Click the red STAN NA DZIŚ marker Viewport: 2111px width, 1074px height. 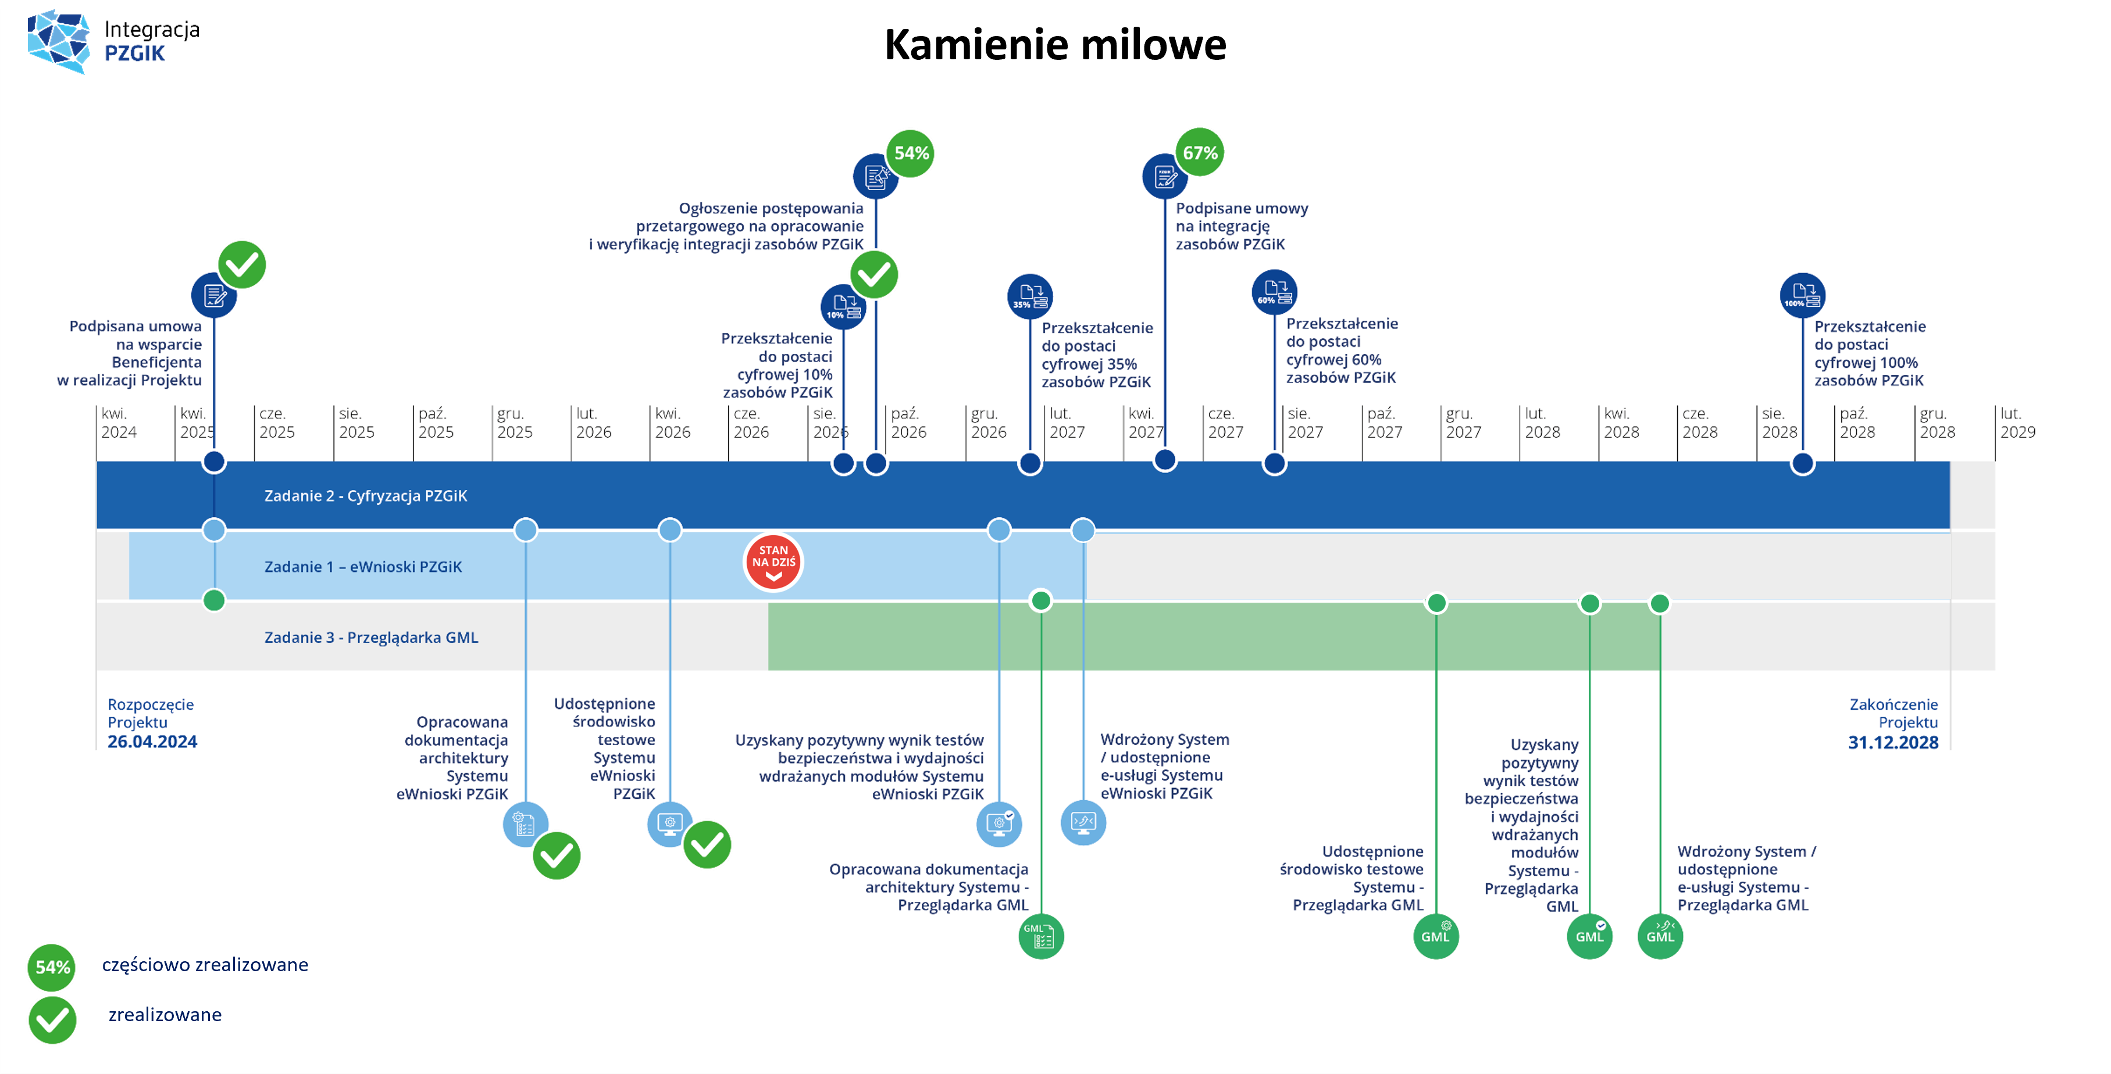tap(773, 562)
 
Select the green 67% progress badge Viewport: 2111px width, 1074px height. tap(1200, 152)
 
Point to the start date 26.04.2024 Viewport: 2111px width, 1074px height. tap(152, 742)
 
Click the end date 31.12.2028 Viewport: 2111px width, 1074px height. tap(1893, 742)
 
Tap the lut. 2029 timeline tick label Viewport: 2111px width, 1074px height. tap(2017, 423)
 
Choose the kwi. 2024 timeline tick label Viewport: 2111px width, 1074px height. tap(119, 423)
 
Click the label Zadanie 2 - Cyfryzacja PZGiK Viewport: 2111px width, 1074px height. tap(365, 496)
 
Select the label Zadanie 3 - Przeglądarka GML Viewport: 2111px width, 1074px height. tap(371, 638)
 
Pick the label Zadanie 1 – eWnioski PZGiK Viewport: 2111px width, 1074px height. tap(363, 567)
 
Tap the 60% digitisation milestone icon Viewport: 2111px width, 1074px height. tap(1274, 292)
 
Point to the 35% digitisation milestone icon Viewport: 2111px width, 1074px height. tap(1030, 296)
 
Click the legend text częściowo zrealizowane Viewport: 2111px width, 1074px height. tap(205, 965)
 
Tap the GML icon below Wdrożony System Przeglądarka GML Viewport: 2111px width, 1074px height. tap(1660, 936)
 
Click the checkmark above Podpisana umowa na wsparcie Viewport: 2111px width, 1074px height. tap(242, 264)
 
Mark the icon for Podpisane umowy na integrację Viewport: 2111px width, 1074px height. tap(1164, 176)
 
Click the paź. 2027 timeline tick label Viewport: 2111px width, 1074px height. tap(1384, 423)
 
